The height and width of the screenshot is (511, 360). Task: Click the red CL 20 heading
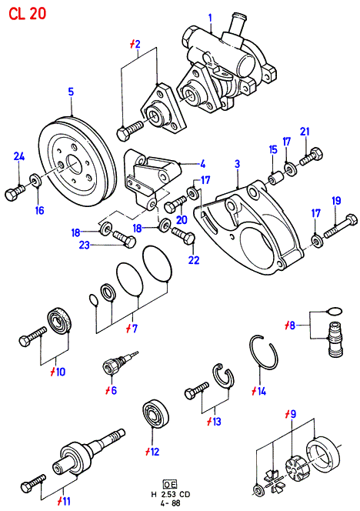(28, 14)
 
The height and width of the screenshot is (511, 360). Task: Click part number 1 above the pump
(210, 18)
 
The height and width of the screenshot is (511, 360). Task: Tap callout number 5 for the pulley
(71, 92)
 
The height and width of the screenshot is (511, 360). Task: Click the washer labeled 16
(35, 180)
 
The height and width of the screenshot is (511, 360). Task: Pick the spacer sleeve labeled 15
(275, 179)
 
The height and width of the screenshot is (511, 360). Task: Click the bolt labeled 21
(311, 156)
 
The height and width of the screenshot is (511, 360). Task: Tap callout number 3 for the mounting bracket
(237, 164)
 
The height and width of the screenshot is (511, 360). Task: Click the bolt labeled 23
(124, 239)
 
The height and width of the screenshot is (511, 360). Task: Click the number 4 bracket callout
(202, 164)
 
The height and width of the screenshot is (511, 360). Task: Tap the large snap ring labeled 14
(264, 352)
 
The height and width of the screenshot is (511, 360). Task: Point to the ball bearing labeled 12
(156, 414)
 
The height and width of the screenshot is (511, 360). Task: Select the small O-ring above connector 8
(334, 311)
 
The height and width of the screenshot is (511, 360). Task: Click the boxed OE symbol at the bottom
(171, 483)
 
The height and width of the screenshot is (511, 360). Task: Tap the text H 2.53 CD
(171, 494)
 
